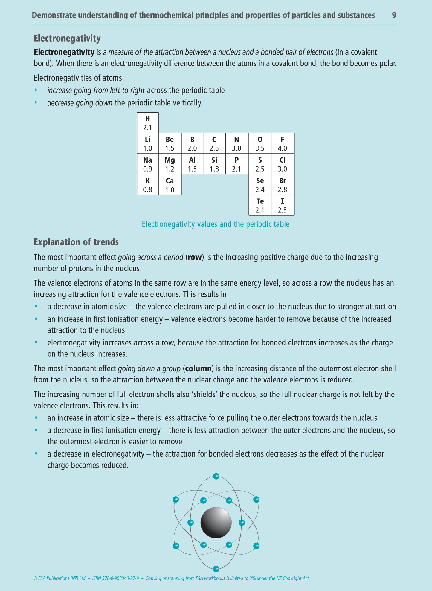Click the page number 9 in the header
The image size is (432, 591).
click(394, 15)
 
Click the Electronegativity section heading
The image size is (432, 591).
click(67, 38)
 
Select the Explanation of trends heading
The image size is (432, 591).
click(76, 242)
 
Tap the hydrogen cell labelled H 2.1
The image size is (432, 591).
click(148, 123)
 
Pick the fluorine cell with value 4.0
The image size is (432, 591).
click(283, 143)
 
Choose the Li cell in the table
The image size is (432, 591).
click(148, 143)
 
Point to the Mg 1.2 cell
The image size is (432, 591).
click(170, 164)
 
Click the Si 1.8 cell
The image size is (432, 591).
click(214, 164)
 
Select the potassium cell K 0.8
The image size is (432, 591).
click(148, 185)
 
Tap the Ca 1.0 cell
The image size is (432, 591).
click(170, 185)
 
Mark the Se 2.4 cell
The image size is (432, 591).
click(260, 185)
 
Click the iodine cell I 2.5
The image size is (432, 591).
click(283, 205)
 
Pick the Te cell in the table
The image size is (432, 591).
click(260, 205)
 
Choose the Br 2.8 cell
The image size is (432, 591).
click(283, 185)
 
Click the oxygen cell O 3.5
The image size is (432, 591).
click(260, 143)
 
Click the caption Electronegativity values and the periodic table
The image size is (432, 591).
click(216, 224)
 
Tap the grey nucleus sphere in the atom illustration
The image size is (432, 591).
click(216, 523)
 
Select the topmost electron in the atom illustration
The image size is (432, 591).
click(216, 476)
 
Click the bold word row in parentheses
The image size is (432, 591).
click(194, 257)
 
